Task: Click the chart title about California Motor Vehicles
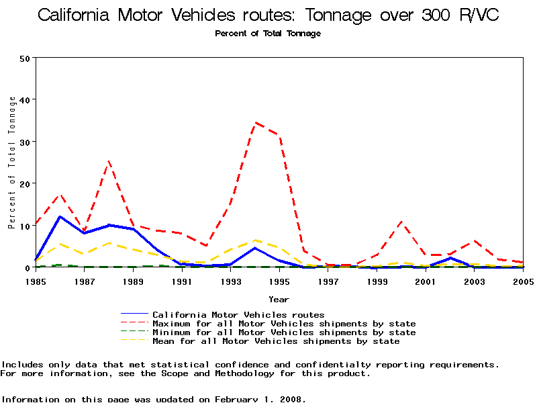(268, 15)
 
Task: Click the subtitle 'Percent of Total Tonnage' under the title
(268, 34)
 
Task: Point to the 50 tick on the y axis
(25, 58)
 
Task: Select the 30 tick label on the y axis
(25, 142)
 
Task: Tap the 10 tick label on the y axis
(25, 226)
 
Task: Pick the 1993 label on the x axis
(230, 281)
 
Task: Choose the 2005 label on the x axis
(523, 281)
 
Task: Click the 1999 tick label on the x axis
(377, 281)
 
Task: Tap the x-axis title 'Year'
(279, 299)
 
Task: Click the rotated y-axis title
(12, 163)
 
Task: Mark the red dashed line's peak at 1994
(255, 123)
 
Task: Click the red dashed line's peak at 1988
(109, 161)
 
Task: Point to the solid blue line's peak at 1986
(60, 216)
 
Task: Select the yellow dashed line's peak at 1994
(255, 240)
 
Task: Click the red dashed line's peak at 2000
(401, 221)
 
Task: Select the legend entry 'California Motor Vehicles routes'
(238, 314)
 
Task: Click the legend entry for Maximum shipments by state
(284, 324)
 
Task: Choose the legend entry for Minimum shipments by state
(284, 332)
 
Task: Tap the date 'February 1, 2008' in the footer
(260, 399)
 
